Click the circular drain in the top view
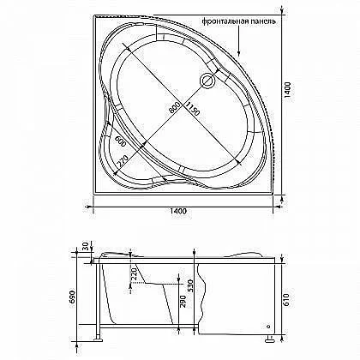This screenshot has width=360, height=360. [207, 80]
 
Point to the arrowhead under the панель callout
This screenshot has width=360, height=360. [239, 53]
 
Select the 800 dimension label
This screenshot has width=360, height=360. [174, 108]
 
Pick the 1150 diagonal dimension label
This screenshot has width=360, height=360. [192, 109]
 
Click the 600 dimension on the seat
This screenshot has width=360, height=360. [120, 141]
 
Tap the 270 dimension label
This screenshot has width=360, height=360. [123, 162]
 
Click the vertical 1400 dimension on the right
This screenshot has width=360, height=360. [288, 90]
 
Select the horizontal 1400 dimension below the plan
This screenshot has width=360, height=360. [178, 211]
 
